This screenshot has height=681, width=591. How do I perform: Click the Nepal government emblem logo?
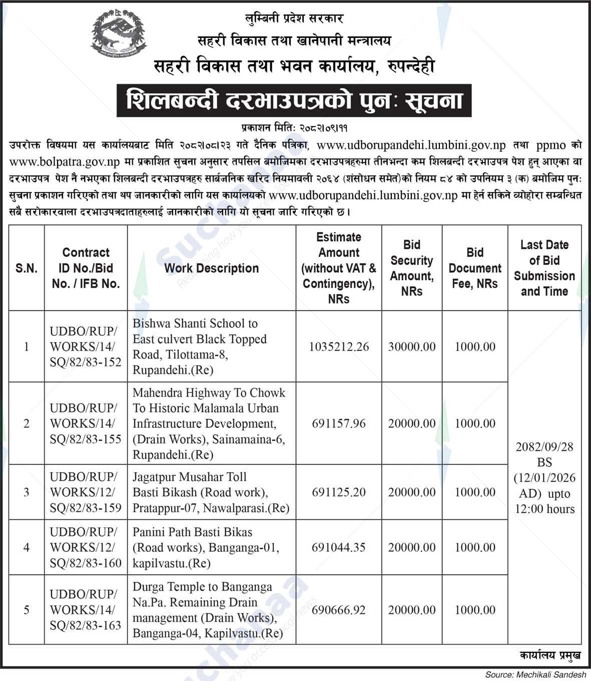pyautogui.click(x=120, y=36)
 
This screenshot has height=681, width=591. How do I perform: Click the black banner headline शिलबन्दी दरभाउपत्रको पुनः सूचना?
pyautogui.click(x=294, y=101)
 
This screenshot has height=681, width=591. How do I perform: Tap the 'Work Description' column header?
pyautogui.click(x=211, y=268)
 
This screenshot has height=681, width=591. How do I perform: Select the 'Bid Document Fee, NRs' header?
pyautogui.click(x=474, y=268)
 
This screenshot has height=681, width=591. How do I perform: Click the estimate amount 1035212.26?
pyautogui.click(x=339, y=347)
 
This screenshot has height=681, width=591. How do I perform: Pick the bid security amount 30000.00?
pyautogui.click(x=412, y=347)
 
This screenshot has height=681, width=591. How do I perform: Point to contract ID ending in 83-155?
pyautogui.click(x=86, y=423)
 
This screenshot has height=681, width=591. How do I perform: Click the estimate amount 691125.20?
pyautogui.click(x=339, y=492)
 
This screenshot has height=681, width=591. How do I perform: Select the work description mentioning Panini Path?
pyautogui.click(x=206, y=547)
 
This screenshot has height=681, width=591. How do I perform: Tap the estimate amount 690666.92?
pyautogui.click(x=339, y=610)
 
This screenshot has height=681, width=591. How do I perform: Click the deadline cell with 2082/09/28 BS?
pyautogui.click(x=544, y=477)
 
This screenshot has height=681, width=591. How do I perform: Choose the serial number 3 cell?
pyautogui.click(x=27, y=492)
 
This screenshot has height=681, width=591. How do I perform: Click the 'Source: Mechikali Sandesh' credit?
pyautogui.click(x=535, y=675)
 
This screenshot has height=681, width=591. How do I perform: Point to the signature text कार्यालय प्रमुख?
pyautogui.click(x=550, y=655)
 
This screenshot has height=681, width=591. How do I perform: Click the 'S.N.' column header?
pyautogui.click(x=27, y=268)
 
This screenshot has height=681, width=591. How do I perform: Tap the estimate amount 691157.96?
pyautogui.click(x=339, y=423)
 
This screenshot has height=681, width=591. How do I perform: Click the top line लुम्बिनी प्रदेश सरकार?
pyautogui.click(x=294, y=19)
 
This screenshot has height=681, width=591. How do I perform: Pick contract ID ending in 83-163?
pyautogui.click(x=86, y=610)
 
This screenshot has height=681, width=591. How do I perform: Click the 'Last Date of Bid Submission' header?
pyautogui.click(x=544, y=268)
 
